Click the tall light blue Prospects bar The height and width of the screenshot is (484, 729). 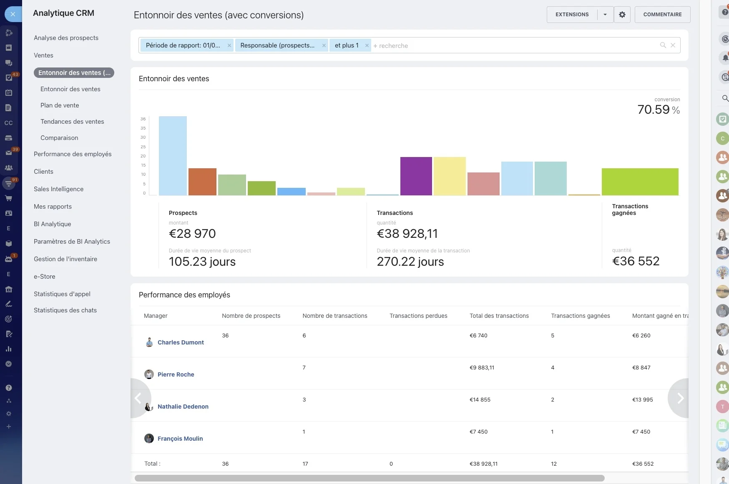pos(173,156)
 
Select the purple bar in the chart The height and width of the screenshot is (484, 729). pos(416,176)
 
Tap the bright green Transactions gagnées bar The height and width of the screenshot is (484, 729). pos(640,182)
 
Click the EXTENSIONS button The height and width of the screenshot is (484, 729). pos(572,15)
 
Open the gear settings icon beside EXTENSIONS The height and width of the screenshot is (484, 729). pos(622,15)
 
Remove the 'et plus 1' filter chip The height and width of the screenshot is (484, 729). pos(367,45)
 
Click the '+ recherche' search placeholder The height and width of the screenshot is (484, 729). pos(391,46)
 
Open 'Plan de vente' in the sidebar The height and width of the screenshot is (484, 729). pos(60,105)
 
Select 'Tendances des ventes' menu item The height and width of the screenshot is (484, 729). pos(72,122)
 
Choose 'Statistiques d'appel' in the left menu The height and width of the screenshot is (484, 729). pos(62,294)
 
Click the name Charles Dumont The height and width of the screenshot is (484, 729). pos(181,342)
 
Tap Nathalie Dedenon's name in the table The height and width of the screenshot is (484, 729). pos(183,407)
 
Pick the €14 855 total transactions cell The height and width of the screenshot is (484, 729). pos(480,399)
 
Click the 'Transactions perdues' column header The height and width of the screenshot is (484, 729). pos(418,316)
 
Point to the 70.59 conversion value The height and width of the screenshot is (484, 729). pos(654,110)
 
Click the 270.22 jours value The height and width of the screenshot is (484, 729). pos(410,262)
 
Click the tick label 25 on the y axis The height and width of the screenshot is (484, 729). pos(143,147)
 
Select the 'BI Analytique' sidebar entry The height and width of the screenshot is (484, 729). pos(53,224)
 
